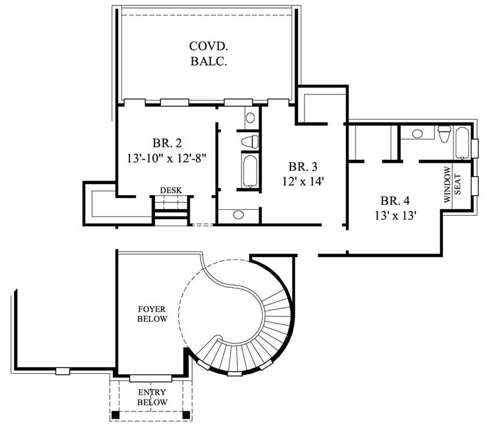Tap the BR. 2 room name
point(167,144)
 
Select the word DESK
point(171,191)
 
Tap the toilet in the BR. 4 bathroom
point(444,134)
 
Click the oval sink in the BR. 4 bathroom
point(418,133)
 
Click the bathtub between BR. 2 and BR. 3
point(249,171)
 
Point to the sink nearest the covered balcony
point(249,118)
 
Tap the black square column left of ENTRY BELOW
point(114,415)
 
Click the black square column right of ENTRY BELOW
point(186,415)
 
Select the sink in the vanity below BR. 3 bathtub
point(239,215)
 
